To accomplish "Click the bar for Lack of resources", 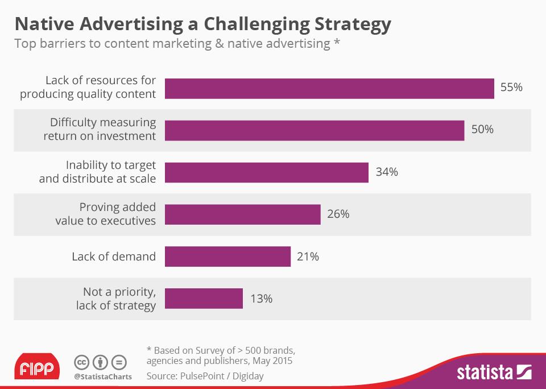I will [329, 89].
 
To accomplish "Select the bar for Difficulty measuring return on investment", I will [315, 130].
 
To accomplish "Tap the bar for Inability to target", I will [267, 172].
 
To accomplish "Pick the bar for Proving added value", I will [243, 214].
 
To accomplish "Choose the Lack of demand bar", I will [227, 256].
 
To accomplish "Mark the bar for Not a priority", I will [204, 299].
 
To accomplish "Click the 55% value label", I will [511, 88].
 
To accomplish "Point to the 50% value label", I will [482, 130].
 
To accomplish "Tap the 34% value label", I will [387, 172].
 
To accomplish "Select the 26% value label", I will [338, 214].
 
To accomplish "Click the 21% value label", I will [308, 256].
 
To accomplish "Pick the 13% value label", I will [261, 299].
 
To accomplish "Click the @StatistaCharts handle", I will [103, 376].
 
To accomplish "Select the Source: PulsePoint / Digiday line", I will [205, 376].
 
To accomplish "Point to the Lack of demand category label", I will [114, 256].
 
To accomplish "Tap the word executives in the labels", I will [128, 221].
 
